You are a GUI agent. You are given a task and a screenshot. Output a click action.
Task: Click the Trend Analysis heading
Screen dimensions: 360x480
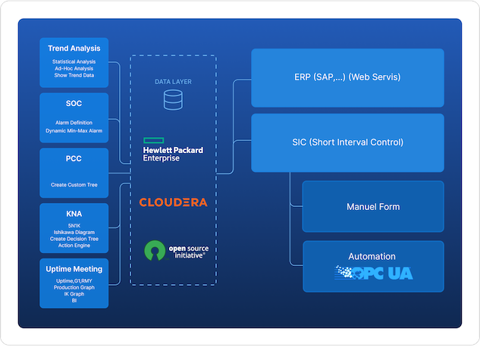[x=74, y=49]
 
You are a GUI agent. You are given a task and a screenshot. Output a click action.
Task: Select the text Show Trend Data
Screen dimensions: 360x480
[x=74, y=75]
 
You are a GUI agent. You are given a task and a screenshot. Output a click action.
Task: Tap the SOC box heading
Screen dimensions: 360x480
[x=74, y=104]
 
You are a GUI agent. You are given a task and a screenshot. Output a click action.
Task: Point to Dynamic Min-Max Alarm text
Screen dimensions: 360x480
[x=74, y=130]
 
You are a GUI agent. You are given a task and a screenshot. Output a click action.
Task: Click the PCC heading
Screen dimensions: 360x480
[x=74, y=159]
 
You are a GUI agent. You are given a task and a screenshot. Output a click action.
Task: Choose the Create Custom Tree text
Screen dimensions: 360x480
[x=74, y=185]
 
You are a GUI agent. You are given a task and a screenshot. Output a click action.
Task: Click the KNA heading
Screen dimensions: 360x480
[x=74, y=214]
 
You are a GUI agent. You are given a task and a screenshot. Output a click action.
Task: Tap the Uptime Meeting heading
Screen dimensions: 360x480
[x=74, y=269]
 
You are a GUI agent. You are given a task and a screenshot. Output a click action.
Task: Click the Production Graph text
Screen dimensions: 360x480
[x=74, y=288]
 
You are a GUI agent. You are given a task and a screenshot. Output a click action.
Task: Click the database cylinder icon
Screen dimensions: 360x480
[x=173, y=98]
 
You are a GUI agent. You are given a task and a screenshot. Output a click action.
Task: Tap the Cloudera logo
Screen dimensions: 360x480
[x=173, y=202]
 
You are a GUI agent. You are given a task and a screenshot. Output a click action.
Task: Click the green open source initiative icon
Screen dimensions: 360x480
[x=155, y=250]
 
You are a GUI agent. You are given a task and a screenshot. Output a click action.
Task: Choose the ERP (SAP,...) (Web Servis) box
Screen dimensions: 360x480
[x=347, y=77]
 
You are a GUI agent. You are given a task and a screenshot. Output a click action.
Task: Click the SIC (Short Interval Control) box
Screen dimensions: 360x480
[x=347, y=142]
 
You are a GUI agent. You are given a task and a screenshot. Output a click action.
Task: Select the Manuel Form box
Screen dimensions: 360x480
[x=372, y=206]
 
